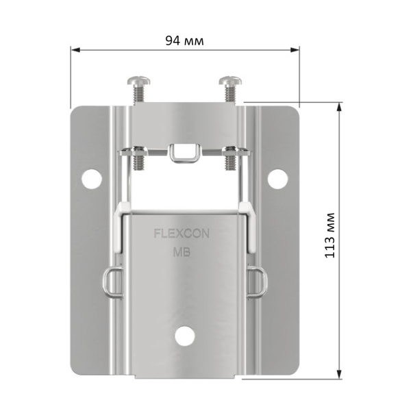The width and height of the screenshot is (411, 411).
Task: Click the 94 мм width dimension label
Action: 184,40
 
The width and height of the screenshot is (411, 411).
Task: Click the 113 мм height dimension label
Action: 329,235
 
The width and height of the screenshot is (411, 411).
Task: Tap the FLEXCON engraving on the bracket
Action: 182,234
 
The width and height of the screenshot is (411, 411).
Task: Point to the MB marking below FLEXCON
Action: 182,252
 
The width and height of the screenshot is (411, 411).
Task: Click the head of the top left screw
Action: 139,80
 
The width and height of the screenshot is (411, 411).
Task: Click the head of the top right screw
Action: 230,80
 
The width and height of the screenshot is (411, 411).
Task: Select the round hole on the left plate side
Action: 92,179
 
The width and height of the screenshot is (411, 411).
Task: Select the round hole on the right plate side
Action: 277,179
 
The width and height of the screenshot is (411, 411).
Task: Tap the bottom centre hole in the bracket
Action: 185,336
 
